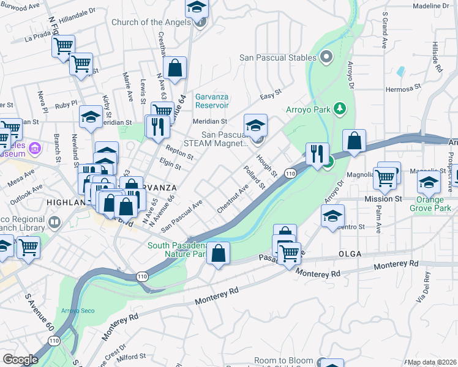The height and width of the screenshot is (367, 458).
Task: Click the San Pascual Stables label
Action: [x=277, y=58]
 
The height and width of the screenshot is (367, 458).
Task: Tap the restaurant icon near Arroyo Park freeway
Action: [x=317, y=154]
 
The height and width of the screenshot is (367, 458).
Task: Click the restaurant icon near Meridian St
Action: [x=158, y=127]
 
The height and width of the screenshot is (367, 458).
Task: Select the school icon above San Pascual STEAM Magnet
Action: [x=255, y=126]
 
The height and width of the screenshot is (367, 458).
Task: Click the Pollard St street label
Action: [x=253, y=177]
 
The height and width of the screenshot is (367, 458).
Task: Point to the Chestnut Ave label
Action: [x=233, y=200]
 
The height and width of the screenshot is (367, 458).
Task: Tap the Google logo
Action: [x=20, y=360]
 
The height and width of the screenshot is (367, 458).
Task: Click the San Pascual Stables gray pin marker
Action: [x=326, y=57]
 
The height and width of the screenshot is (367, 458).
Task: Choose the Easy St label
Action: [x=269, y=94]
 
